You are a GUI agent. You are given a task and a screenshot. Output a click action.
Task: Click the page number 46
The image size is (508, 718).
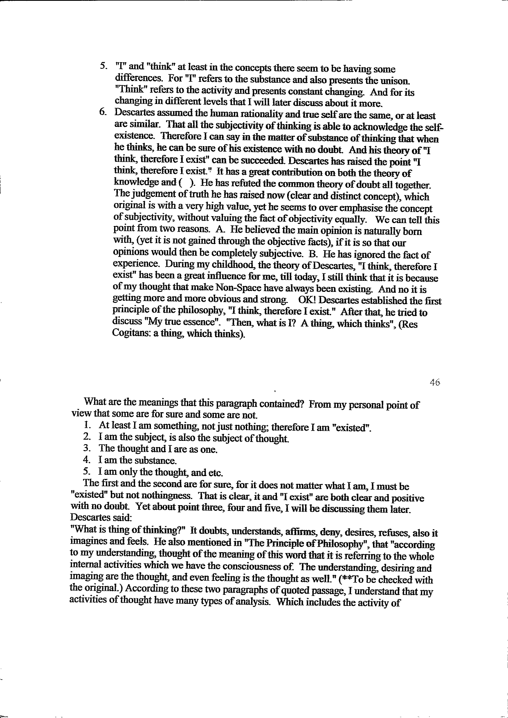pos(434,382)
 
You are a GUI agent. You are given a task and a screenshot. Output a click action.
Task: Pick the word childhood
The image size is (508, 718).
pos(206,267)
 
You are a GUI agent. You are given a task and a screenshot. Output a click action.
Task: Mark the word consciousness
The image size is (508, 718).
pos(261,568)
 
